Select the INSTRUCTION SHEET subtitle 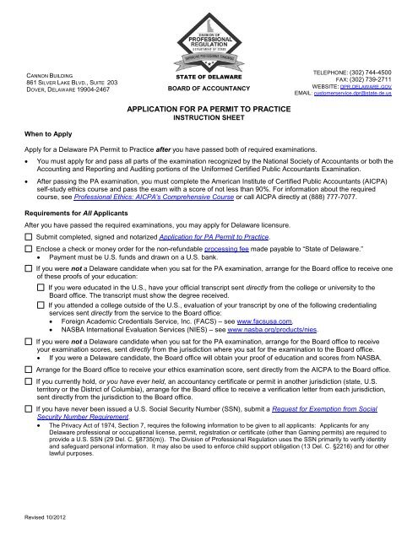pos(209,120)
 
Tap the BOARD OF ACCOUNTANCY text pos(209,87)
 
